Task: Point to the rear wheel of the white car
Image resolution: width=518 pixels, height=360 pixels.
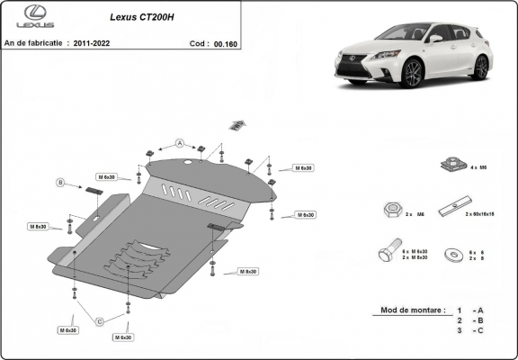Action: [481, 67]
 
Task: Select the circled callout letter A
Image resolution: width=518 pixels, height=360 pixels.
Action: [180, 143]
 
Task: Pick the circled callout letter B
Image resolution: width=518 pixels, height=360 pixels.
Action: [61, 183]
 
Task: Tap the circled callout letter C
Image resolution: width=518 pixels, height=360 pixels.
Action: [100, 321]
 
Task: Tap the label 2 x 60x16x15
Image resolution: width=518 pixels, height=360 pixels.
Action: [482, 215]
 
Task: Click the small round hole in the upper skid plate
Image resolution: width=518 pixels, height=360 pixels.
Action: [186, 162]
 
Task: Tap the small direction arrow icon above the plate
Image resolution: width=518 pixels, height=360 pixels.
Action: [237, 124]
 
